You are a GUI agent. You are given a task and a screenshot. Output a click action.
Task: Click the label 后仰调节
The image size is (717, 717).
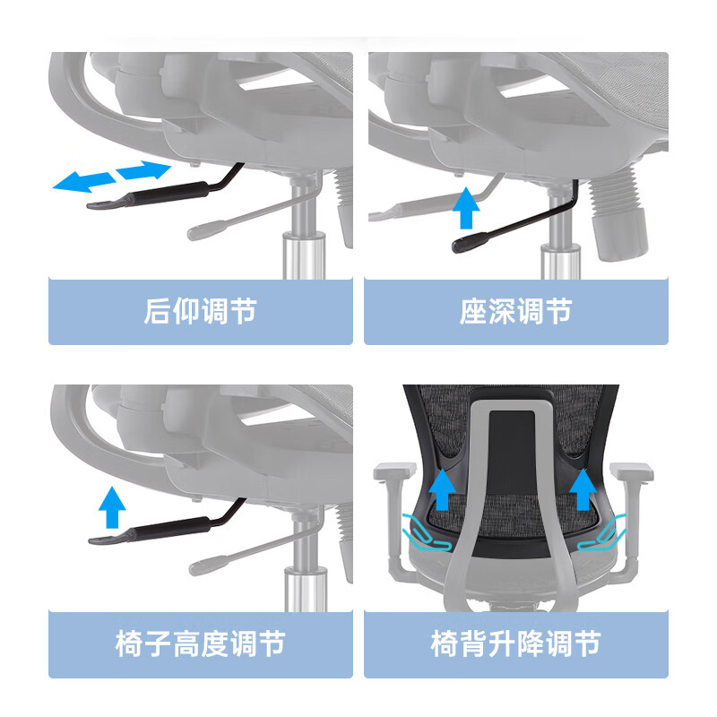tap(200, 311)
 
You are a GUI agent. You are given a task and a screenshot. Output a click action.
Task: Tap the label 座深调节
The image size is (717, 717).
tap(516, 311)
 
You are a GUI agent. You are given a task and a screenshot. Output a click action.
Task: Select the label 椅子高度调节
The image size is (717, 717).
tap(200, 644)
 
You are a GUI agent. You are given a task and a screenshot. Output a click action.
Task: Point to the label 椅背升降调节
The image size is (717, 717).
tap(516, 644)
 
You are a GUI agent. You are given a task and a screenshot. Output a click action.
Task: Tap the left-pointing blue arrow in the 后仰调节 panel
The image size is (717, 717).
tap(83, 182)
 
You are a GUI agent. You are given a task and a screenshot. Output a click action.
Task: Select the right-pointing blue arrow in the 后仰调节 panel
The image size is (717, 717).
tap(143, 169)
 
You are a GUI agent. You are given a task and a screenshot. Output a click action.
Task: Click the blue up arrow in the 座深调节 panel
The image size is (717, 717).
tap(466, 208)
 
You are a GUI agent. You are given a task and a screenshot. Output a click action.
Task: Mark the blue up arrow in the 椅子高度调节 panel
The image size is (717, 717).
tap(112, 507)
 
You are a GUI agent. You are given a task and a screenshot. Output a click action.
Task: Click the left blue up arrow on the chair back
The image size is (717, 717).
tap(442, 489)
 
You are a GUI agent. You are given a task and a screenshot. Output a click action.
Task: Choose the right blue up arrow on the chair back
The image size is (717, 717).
tap(583, 489)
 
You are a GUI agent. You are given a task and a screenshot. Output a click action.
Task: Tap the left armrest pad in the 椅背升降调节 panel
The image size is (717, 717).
tap(395, 471)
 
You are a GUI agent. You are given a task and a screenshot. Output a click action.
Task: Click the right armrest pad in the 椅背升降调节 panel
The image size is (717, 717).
tap(632, 471)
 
